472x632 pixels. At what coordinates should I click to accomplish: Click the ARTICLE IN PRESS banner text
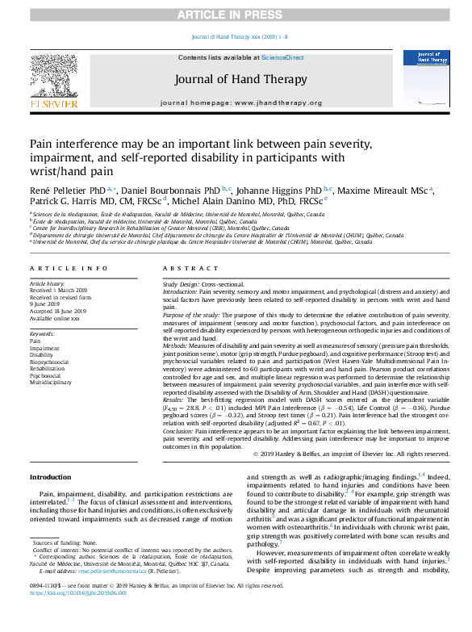point(236,15)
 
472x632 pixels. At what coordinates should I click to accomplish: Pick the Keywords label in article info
point(42,333)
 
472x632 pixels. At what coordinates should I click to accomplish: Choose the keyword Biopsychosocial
point(49,362)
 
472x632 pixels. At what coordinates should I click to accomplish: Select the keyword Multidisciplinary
point(49,383)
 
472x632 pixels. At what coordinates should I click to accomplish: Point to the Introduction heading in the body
point(50,477)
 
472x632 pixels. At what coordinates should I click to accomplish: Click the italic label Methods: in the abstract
point(175,344)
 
